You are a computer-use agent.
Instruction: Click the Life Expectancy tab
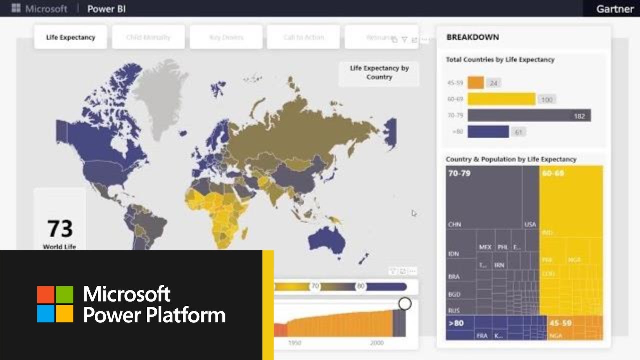click(70, 37)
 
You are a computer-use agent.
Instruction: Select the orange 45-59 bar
click(476, 83)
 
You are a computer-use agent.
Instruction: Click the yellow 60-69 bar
click(501, 99)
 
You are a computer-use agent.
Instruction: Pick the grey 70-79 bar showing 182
click(529, 116)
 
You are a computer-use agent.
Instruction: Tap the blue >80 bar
click(488, 132)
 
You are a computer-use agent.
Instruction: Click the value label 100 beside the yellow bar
click(547, 100)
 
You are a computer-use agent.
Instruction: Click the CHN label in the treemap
click(454, 224)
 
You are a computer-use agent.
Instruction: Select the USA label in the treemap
click(530, 224)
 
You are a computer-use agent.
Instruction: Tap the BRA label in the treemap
click(454, 276)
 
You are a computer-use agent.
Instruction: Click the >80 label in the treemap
click(456, 323)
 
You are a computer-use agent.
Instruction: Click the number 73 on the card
click(60, 229)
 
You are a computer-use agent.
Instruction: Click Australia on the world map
click(327, 240)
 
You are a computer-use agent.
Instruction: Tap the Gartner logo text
click(615, 9)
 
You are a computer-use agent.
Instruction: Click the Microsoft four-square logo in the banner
click(55, 304)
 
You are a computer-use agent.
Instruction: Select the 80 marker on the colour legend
click(361, 287)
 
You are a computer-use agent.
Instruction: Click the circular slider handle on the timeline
click(405, 304)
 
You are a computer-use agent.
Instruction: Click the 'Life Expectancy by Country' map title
click(379, 72)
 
